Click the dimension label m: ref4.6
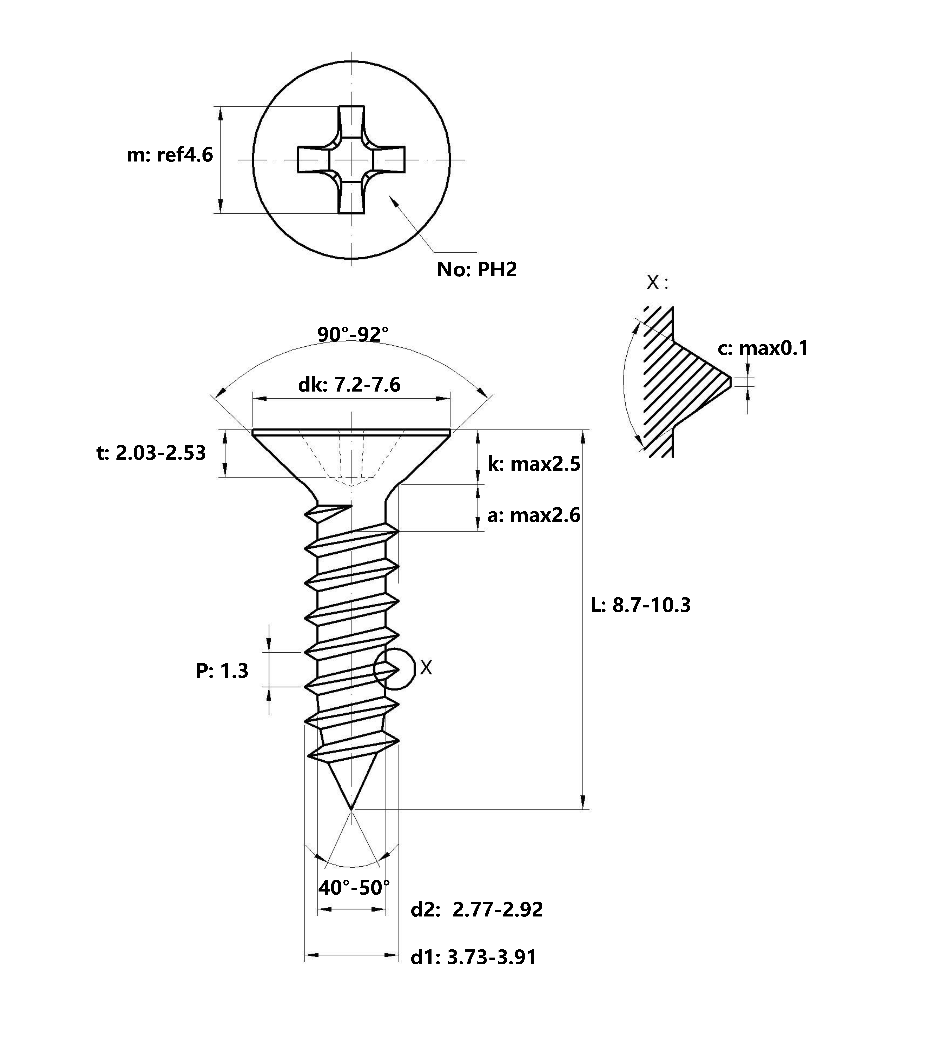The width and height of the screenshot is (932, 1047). (170, 155)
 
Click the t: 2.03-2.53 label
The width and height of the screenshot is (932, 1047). (151, 453)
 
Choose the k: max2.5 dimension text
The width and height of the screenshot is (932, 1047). (534, 464)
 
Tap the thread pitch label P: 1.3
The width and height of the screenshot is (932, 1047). (222, 671)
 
